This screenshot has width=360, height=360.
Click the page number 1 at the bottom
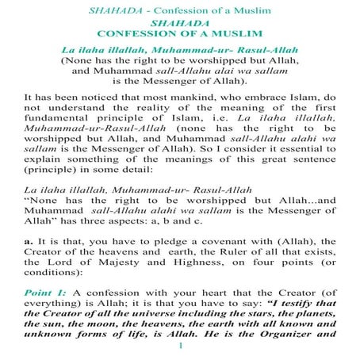tap(182, 346)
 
